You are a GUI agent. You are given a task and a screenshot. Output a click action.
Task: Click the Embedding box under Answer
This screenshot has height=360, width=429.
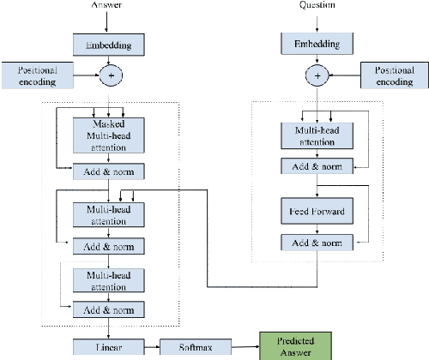click(109, 41)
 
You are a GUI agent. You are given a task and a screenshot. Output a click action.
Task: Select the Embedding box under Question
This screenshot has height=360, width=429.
click(317, 42)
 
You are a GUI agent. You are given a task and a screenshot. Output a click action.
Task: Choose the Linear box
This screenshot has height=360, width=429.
click(109, 347)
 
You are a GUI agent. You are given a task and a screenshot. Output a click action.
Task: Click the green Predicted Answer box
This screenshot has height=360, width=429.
click(293, 346)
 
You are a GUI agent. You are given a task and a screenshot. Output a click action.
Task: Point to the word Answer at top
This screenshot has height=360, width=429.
click(109, 5)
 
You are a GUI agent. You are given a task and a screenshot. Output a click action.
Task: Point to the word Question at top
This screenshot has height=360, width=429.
click(317, 4)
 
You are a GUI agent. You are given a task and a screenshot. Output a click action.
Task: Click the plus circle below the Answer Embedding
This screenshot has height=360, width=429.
click(109, 76)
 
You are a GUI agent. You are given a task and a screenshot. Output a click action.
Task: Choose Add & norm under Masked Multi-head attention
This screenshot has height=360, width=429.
click(108, 170)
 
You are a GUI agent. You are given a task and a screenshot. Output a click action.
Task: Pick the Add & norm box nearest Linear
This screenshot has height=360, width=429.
click(108, 309)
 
